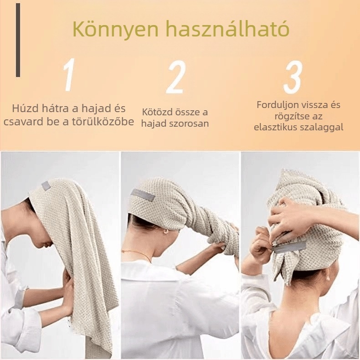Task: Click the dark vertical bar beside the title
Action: click(x=18, y=40)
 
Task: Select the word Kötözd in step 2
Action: click(x=157, y=112)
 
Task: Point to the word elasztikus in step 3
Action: click(x=276, y=127)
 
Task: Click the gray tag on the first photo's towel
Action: click(x=46, y=186)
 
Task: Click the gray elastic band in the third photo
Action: click(x=289, y=247)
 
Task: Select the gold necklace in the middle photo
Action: click(x=137, y=254)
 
